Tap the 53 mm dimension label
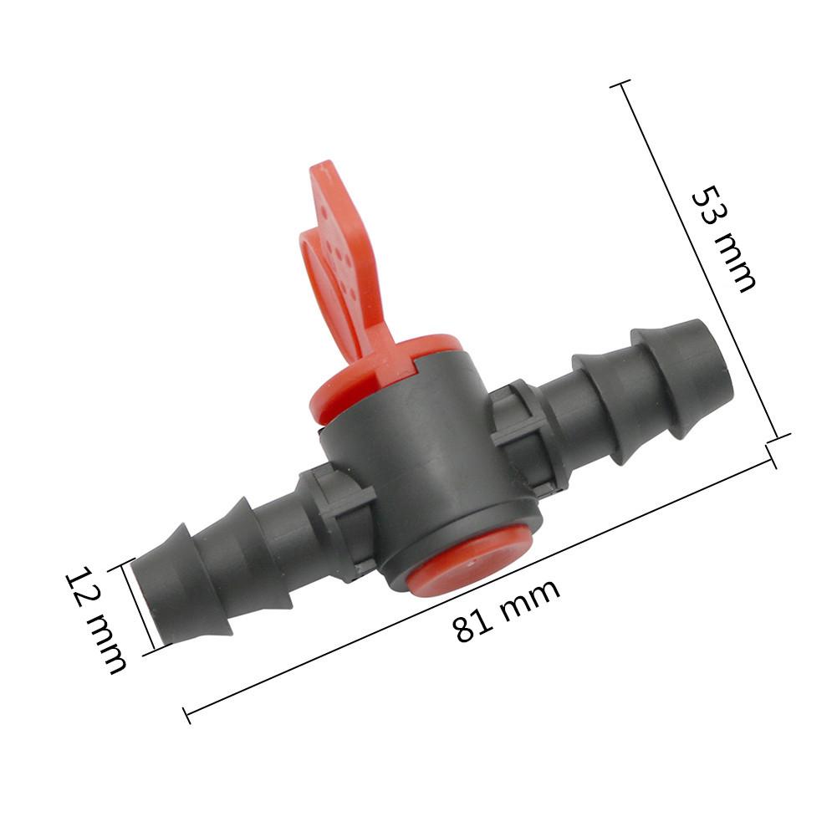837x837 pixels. click(x=724, y=238)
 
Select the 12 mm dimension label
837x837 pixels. click(x=96, y=620)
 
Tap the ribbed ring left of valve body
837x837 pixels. click(x=339, y=523)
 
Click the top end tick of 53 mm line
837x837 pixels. click(x=620, y=84)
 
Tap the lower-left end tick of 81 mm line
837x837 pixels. click(x=186, y=715)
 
